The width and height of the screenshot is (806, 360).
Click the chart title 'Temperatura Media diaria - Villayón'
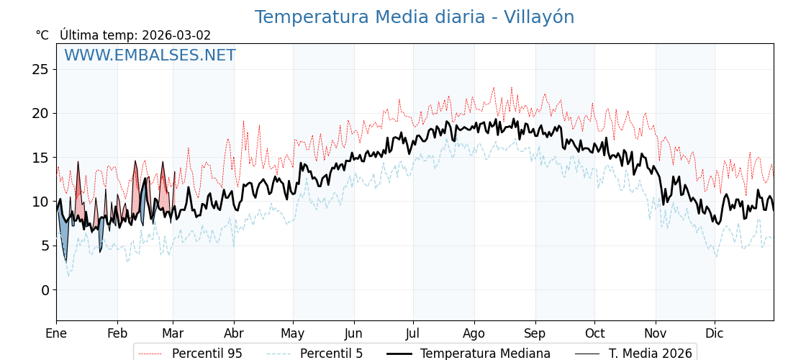[414, 17]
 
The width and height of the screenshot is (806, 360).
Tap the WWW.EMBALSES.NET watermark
[150, 55]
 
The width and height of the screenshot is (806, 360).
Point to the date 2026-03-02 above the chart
[176, 35]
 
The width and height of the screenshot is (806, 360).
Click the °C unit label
[42, 35]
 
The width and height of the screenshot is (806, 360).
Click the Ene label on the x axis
[56, 333]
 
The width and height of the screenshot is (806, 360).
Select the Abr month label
[234, 333]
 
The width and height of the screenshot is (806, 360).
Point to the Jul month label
[413, 333]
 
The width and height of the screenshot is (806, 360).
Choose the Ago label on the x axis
[474, 333]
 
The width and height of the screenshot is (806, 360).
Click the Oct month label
[594, 333]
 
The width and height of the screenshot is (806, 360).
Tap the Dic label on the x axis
[715, 333]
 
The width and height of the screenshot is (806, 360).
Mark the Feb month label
[117, 333]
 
